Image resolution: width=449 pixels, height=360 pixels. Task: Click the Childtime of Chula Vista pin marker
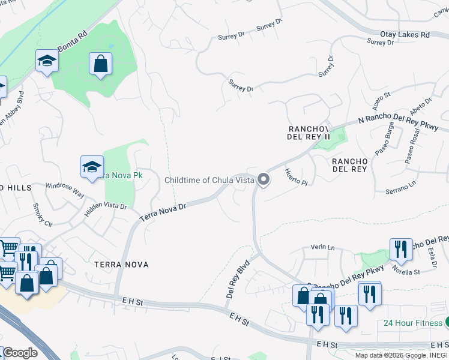point(263,179)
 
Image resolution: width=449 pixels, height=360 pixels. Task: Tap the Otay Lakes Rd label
point(405,35)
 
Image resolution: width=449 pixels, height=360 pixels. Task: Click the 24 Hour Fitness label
point(413,323)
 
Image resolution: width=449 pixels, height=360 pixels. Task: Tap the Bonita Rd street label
point(72,40)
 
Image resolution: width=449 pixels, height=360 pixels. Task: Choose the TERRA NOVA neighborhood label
point(121,264)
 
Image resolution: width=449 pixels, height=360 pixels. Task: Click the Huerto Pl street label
point(295,178)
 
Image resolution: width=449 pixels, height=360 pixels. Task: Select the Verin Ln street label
point(322,247)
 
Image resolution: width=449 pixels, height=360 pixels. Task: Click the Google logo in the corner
point(19,353)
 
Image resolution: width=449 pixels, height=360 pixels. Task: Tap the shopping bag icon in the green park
point(101,64)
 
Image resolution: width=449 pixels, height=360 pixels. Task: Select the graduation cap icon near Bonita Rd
point(46,61)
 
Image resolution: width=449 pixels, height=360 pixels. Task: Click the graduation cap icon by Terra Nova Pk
point(92,167)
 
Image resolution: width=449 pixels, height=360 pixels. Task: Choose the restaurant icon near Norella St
point(400,249)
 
